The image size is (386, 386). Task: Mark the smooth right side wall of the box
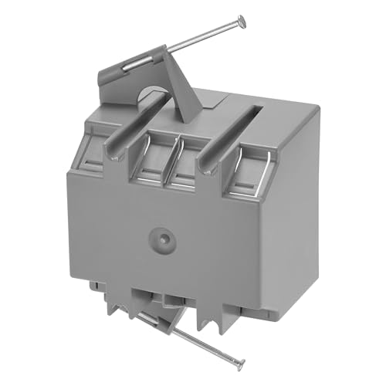click(x=297, y=224)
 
